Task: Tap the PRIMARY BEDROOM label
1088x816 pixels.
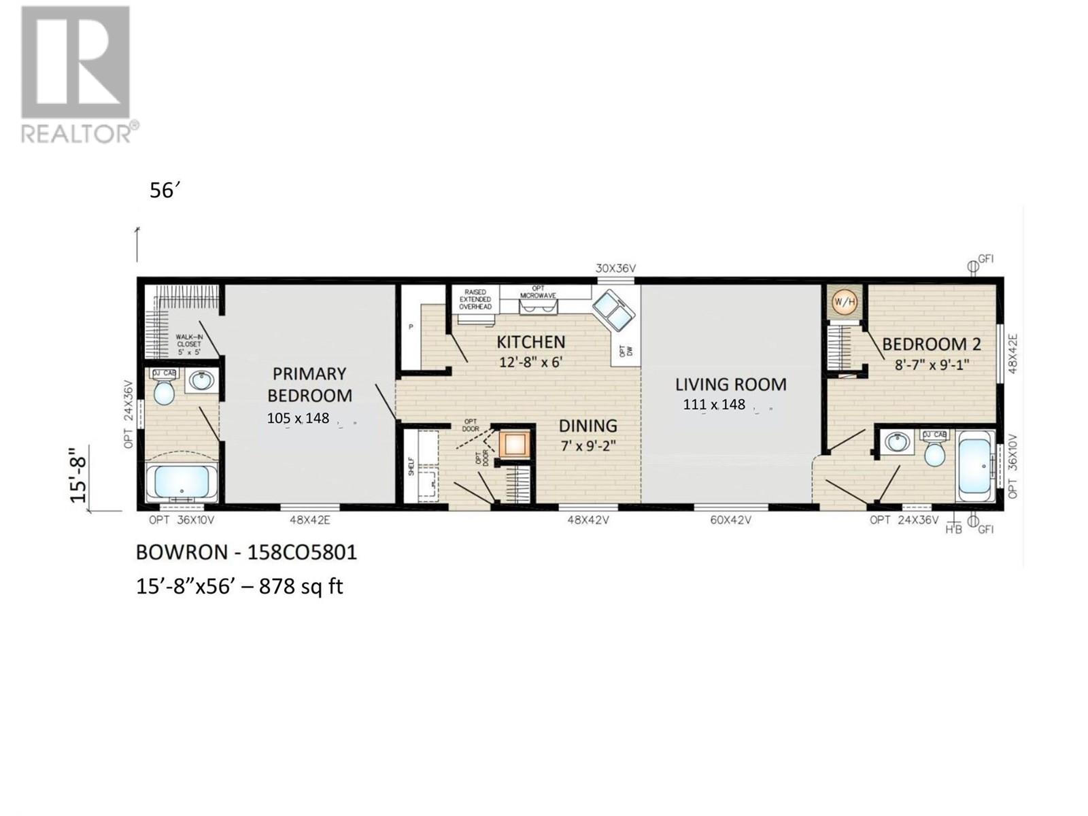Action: (x=309, y=384)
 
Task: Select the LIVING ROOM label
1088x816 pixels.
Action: (x=730, y=384)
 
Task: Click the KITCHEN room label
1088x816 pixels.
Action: (x=530, y=341)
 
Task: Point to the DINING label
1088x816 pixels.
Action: (x=588, y=426)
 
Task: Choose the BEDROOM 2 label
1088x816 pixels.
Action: (x=931, y=344)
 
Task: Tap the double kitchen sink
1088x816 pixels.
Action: (x=613, y=309)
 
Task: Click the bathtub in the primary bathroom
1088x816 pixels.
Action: (x=181, y=480)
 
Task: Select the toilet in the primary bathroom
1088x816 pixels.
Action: (x=164, y=390)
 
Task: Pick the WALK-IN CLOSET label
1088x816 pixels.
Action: (x=188, y=343)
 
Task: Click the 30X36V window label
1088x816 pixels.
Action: (x=614, y=269)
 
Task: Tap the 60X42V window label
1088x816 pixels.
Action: (x=730, y=520)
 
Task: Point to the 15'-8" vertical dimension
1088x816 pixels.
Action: (x=79, y=479)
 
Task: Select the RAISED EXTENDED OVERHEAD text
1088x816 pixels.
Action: (x=475, y=299)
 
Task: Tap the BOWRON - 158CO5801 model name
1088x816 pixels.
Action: (x=246, y=552)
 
